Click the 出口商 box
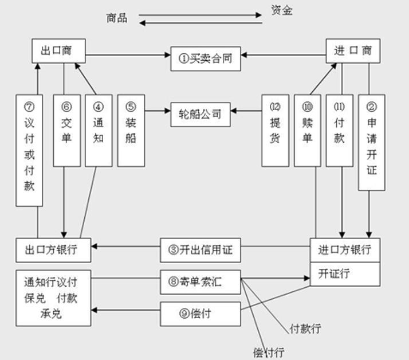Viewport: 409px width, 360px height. [x=58, y=50]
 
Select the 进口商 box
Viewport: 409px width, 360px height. [x=353, y=50]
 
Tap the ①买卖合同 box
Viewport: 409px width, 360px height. [x=206, y=58]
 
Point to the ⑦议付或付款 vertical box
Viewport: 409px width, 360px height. [x=29, y=150]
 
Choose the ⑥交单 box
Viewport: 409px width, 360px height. [x=66, y=130]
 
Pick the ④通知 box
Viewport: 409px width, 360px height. [x=99, y=130]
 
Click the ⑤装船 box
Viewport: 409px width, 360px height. [x=131, y=130]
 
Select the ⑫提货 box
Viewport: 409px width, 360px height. [x=275, y=130]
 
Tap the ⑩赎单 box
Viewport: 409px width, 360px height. [x=307, y=130]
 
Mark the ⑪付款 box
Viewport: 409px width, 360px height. [x=339, y=130]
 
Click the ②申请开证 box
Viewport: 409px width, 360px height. [x=371, y=142]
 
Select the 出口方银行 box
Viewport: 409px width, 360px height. [x=54, y=250]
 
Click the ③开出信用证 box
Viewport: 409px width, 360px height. [x=200, y=250]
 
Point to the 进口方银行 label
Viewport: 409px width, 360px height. [x=345, y=250]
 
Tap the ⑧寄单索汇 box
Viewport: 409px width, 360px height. [x=200, y=282]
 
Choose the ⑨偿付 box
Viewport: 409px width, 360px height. [x=200, y=314]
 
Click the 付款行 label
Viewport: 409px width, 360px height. [x=305, y=328]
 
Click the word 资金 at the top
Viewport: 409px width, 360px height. [x=281, y=10]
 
